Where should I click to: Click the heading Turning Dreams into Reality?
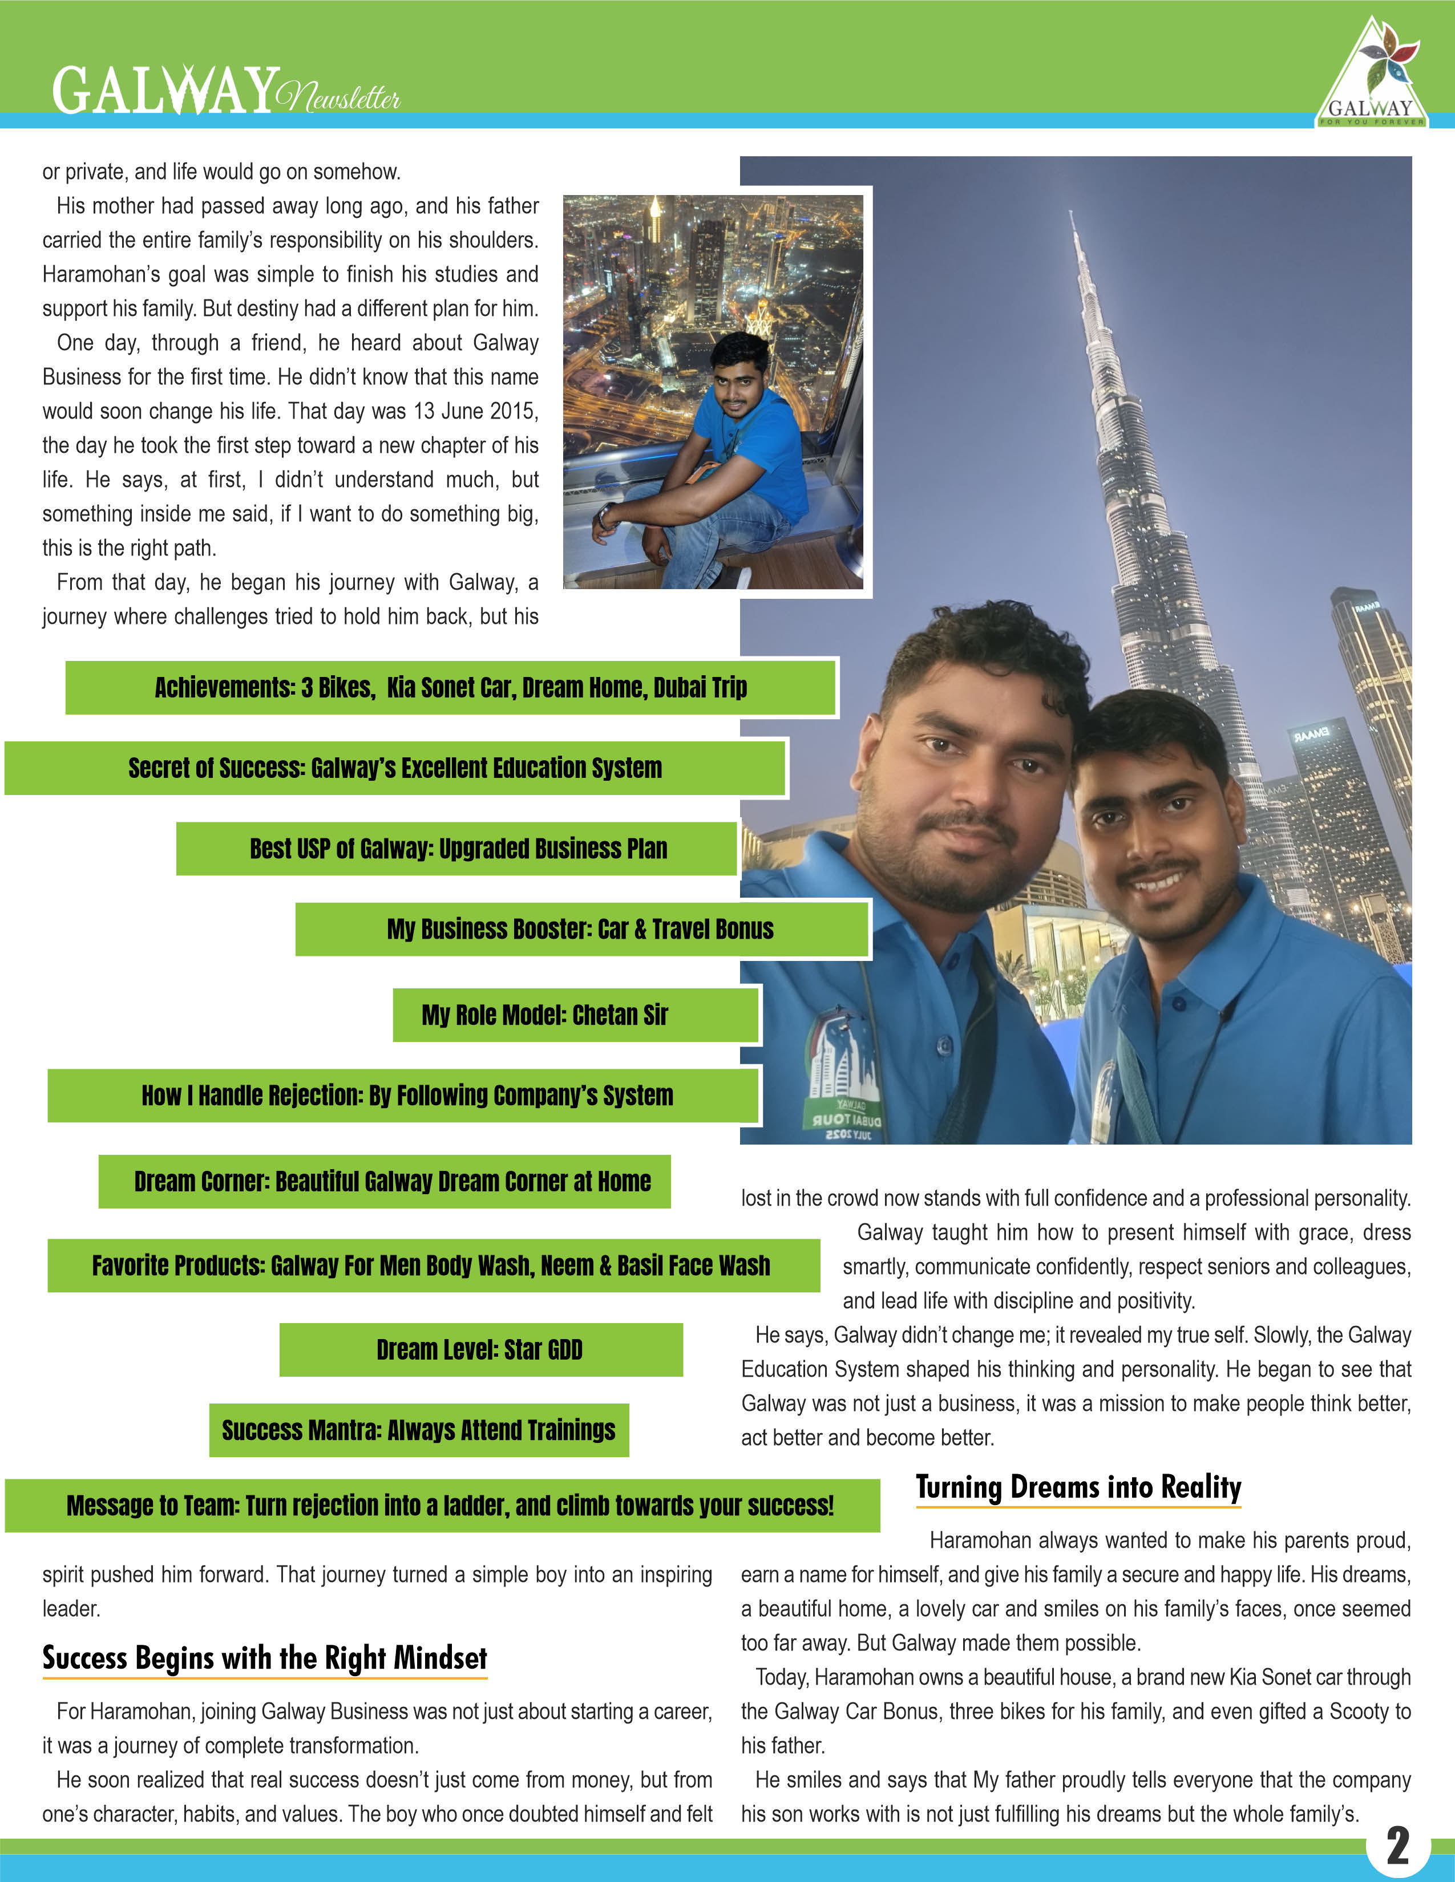(1078, 1488)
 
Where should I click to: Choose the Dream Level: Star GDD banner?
(480, 1349)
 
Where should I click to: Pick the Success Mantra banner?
(419, 1430)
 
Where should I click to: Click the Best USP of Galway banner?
(457, 849)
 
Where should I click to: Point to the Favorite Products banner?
(433, 1265)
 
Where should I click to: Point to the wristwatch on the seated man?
(606, 516)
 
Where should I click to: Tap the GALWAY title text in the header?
(165, 91)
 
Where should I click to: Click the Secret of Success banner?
(395, 768)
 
